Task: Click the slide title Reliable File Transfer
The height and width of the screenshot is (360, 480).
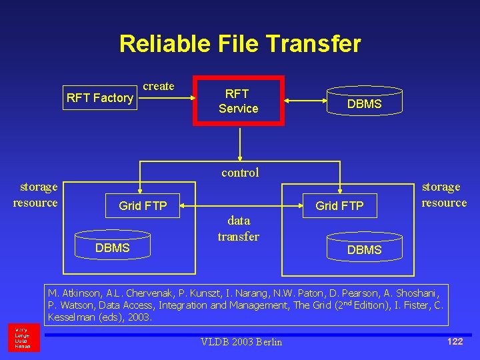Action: coord(240,44)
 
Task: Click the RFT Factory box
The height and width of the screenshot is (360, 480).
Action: coord(100,98)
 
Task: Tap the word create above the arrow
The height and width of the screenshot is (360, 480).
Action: coord(159,86)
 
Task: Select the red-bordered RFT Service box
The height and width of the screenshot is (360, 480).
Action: coord(238,101)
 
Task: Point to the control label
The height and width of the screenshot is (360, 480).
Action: coord(240,173)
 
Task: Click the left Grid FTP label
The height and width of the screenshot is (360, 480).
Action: coord(143,206)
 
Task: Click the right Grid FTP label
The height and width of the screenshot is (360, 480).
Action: coord(339,206)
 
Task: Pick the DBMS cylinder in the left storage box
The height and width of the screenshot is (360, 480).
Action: coord(112,246)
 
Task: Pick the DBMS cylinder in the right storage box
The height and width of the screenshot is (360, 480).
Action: coord(364,248)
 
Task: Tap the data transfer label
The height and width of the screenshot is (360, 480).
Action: coord(238,228)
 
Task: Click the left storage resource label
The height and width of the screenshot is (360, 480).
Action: coord(36,195)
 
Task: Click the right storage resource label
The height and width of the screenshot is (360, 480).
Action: coord(444,195)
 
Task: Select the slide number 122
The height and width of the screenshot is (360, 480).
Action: coord(455,341)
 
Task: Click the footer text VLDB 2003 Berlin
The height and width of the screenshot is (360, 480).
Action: coord(241,342)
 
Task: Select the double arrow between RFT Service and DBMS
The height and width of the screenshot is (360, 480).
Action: coord(305,101)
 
